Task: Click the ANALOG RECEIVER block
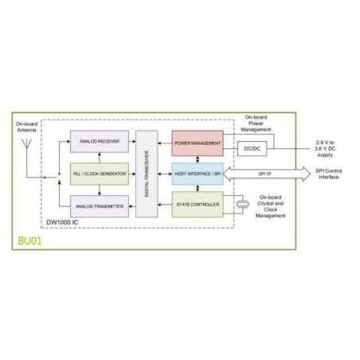pyautogui.click(x=98, y=142)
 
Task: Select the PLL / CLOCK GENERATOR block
pyautogui.click(x=98, y=173)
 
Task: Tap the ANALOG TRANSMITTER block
pyautogui.click(x=98, y=205)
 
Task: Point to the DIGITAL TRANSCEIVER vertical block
pyautogui.click(x=144, y=173)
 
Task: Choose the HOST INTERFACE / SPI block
pyautogui.click(x=196, y=173)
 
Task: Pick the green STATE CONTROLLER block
pyautogui.click(x=196, y=205)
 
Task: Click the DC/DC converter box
pyautogui.click(x=252, y=147)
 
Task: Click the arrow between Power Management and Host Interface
pyautogui.click(x=196, y=158)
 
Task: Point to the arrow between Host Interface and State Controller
pyautogui.click(x=196, y=189)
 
